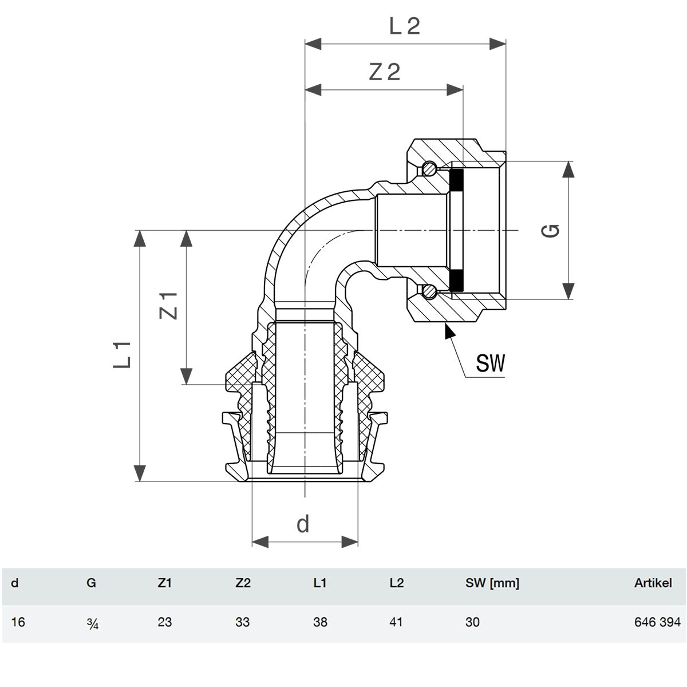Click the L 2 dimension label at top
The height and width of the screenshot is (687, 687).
(x=405, y=26)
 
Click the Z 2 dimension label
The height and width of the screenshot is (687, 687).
(x=385, y=72)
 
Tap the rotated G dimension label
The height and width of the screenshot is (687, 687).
(x=550, y=231)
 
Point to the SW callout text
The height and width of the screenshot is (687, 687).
(x=491, y=363)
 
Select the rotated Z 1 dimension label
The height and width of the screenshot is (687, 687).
(x=168, y=306)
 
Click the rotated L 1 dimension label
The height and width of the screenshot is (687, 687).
(x=122, y=355)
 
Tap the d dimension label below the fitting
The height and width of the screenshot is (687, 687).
(x=303, y=524)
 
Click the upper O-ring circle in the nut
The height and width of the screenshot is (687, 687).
(x=429, y=168)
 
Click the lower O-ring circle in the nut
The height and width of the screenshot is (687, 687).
(x=429, y=291)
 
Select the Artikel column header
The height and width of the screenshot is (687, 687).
(x=653, y=583)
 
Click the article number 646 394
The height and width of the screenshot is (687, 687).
(x=657, y=622)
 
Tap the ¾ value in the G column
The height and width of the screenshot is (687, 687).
(x=92, y=622)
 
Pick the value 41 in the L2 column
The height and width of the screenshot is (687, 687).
(x=396, y=622)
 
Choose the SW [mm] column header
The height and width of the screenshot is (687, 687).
(x=492, y=583)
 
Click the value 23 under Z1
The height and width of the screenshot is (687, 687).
(x=165, y=622)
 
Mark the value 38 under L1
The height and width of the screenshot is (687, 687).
(x=320, y=622)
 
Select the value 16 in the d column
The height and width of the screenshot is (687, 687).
(x=18, y=622)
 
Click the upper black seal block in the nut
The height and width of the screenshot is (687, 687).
(x=457, y=179)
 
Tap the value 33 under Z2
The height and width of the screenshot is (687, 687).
(x=242, y=622)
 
